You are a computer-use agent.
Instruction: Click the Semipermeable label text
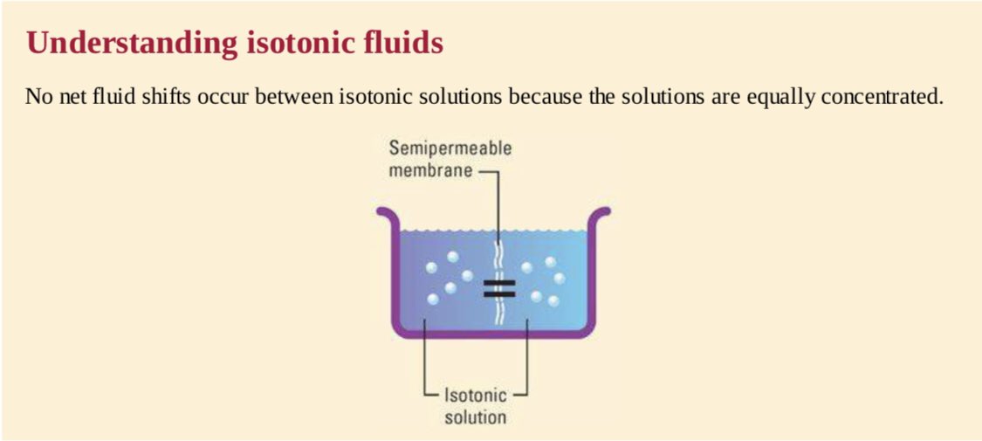click(x=450, y=148)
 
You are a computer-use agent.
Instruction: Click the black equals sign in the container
click(x=499, y=289)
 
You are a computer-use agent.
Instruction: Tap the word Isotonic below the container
click(x=475, y=396)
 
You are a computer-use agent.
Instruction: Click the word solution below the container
click(x=475, y=417)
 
